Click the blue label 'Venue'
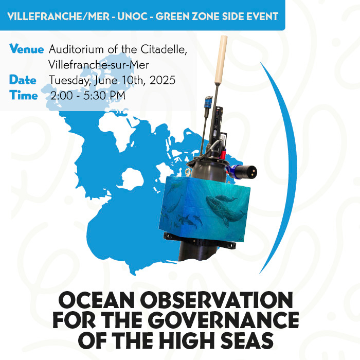(26, 49)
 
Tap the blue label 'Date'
(23, 80)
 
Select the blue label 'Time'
(24, 95)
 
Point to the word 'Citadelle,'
(164, 49)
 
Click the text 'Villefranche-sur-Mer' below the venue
(99, 65)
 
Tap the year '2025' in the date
(163, 80)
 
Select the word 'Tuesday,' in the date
(69, 81)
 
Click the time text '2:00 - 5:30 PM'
(88, 96)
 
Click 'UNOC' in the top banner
(133, 16)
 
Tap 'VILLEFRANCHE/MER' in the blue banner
(58, 16)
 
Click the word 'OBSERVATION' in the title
(217, 300)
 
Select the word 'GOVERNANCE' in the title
(225, 320)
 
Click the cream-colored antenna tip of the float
(221, 60)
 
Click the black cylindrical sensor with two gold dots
(246, 171)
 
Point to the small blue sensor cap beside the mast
(209, 101)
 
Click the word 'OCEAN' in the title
(96, 300)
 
